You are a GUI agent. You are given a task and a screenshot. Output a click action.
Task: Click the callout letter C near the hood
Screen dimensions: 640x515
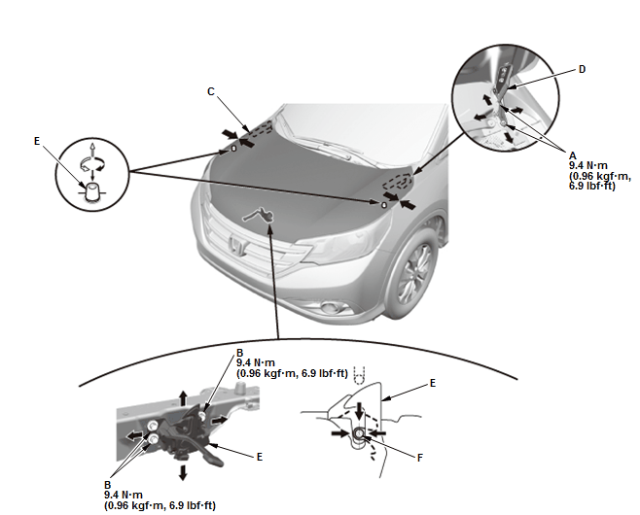coord(211,91)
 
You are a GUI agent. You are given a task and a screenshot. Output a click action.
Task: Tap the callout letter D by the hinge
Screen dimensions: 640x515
coord(582,69)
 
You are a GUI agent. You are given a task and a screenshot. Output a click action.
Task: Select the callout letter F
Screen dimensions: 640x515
coord(420,458)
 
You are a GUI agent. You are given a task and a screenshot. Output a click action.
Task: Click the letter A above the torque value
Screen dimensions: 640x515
coord(573,155)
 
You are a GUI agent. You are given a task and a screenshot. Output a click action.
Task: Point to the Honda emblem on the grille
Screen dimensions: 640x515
coord(237,245)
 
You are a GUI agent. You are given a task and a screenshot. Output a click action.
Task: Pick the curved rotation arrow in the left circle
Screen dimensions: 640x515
coord(91,164)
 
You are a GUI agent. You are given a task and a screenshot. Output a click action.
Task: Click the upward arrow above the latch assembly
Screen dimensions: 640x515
coord(183,397)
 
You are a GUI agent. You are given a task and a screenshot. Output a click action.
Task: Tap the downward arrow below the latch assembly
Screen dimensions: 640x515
coord(183,472)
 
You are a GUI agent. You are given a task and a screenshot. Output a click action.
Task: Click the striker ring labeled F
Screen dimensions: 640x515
coord(359,433)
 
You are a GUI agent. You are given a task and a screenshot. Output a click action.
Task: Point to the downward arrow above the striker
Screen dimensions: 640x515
coord(359,411)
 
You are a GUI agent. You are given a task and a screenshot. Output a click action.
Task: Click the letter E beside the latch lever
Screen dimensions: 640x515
coord(260,457)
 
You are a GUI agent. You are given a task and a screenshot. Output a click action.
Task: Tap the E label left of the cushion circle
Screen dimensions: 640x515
coord(37,142)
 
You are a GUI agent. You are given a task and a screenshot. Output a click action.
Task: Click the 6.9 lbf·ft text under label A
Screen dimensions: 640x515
coord(592,186)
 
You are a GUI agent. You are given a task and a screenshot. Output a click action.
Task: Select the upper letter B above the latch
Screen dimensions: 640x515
coord(240,353)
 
